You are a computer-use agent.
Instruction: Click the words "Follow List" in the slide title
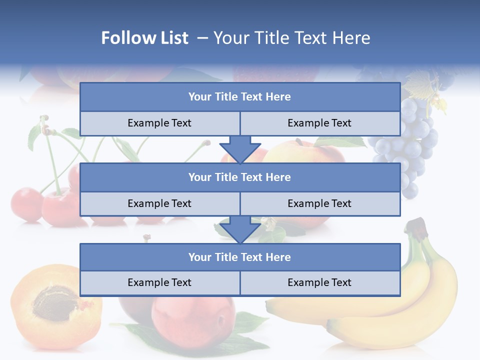[x=144, y=38]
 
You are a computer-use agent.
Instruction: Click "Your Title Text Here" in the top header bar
[x=239, y=97]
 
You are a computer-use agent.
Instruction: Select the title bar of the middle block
[x=239, y=177]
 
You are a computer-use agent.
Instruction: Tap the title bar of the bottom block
[x=239, y=257]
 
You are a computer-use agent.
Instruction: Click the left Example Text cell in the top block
[x=159, y=123]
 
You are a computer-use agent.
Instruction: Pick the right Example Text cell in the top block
[x=319, y=123]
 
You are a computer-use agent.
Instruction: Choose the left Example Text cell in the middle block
[x=159, y=203]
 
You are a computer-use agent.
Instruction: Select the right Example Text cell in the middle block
[x=319, y=203]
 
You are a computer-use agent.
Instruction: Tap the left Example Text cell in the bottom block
[x=159, y=282]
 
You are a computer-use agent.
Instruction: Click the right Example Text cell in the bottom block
[x=319, y=282]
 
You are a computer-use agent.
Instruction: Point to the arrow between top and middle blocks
[x=240, y=149]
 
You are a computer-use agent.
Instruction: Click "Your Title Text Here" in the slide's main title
[x=291, y=38]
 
